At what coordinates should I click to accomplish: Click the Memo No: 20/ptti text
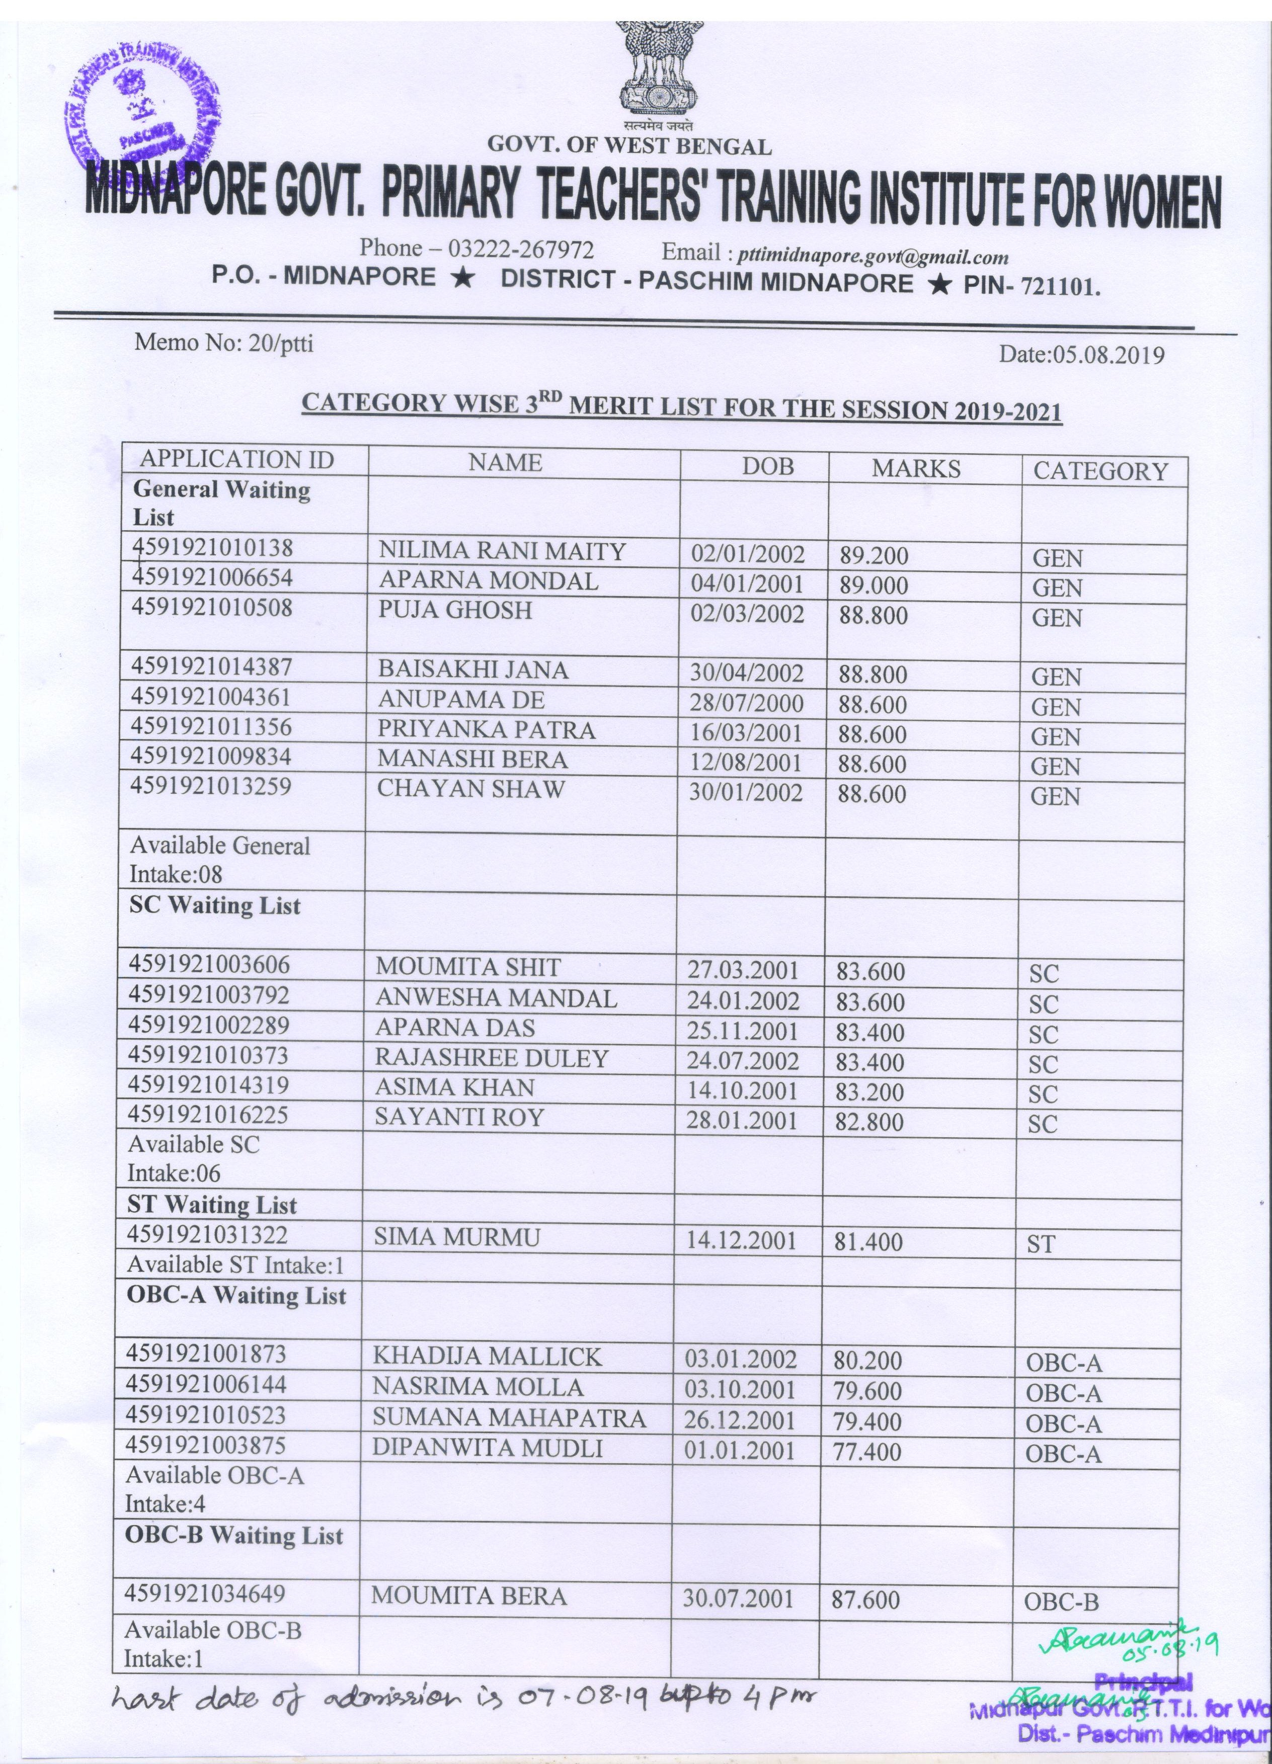click(x=224, y=343)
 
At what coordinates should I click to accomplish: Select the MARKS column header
click(x=916, y=468)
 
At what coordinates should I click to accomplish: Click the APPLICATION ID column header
click(x=236, y=460)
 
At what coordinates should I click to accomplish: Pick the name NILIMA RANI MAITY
click(x=502, y=551)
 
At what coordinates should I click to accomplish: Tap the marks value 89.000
click(x=873, y=585)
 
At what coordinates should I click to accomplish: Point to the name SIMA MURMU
click(x=457, y=1237)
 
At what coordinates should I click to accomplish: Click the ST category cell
click(x=1040, y=1244)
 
